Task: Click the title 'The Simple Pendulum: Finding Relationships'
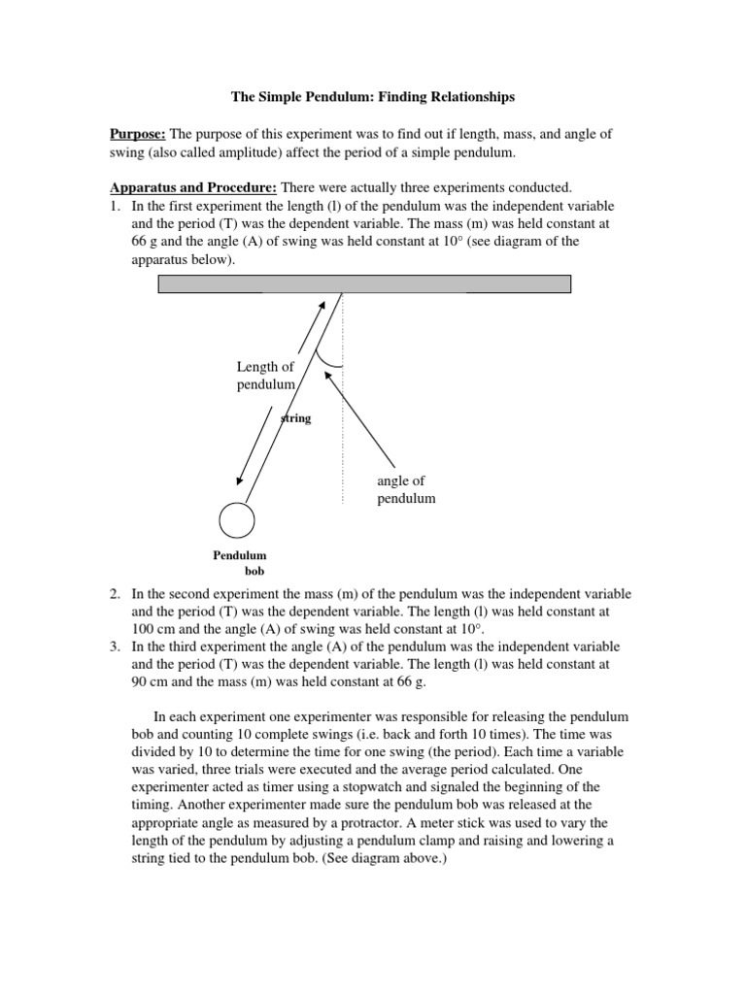click(x=372, y=97)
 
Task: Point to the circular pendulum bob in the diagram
click(x=236, y=519)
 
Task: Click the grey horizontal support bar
click(x=364, y=283)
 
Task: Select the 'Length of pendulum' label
click(x=264, y=376)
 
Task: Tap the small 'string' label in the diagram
click(x=296, y=419)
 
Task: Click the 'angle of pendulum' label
click(x=406, y=489)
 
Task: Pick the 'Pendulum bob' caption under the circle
click(x=240, y=563)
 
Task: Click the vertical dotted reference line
click(x=342, y=427)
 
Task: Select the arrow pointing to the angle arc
click(x=364, y=417)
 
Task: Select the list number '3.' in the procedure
click(x=115, y=646)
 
